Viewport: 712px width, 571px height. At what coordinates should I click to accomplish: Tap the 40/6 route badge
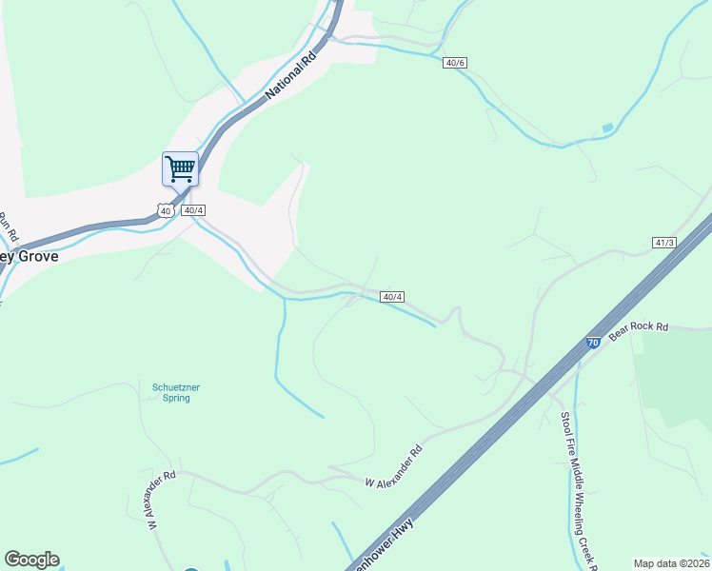[x=455, y=63]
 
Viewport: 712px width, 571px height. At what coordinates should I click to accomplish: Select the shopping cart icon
[x=180, y=169]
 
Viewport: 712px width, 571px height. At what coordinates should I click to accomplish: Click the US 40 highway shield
[x=166, y=210]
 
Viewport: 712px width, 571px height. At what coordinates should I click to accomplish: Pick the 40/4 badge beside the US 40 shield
[x=193, y=210]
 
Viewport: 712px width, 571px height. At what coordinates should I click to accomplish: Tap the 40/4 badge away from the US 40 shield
[x=392, y=297]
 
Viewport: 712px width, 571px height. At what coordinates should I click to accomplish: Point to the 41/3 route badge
[x=664, y=244]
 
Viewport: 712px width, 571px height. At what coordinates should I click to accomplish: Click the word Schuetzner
[x=176, y=386]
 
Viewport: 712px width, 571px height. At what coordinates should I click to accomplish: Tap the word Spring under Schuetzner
[x=176, y=398]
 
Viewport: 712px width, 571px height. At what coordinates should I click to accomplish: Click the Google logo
[x=31, y=560]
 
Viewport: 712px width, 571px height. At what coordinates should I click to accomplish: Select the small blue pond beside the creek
[x=607, y=128]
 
